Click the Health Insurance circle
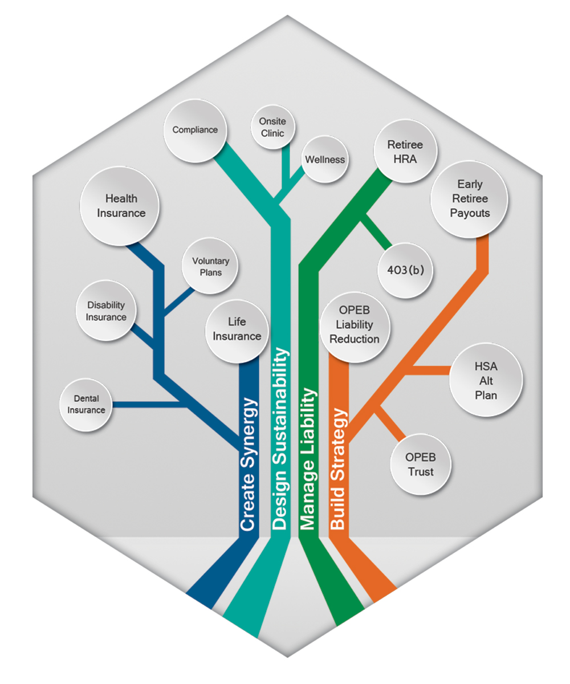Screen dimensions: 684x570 coord(120,206)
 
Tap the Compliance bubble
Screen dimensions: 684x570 coord(195,130)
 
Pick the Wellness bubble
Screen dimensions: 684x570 coord(324,159)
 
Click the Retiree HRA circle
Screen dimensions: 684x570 coord(405,151)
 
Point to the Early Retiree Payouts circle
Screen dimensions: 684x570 coord(470,199)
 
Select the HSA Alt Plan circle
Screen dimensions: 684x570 coord(486,380)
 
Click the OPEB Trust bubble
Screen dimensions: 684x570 coord(420,464)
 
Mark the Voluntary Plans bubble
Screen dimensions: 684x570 coord(210,266)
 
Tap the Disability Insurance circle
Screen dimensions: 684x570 coord(107,311)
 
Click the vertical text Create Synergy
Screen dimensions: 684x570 coord(249,465)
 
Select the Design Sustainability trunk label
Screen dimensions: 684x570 coord(280,439)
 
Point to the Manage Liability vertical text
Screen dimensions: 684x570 coord(308,459)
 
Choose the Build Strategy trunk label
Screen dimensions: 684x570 coord(339,469)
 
